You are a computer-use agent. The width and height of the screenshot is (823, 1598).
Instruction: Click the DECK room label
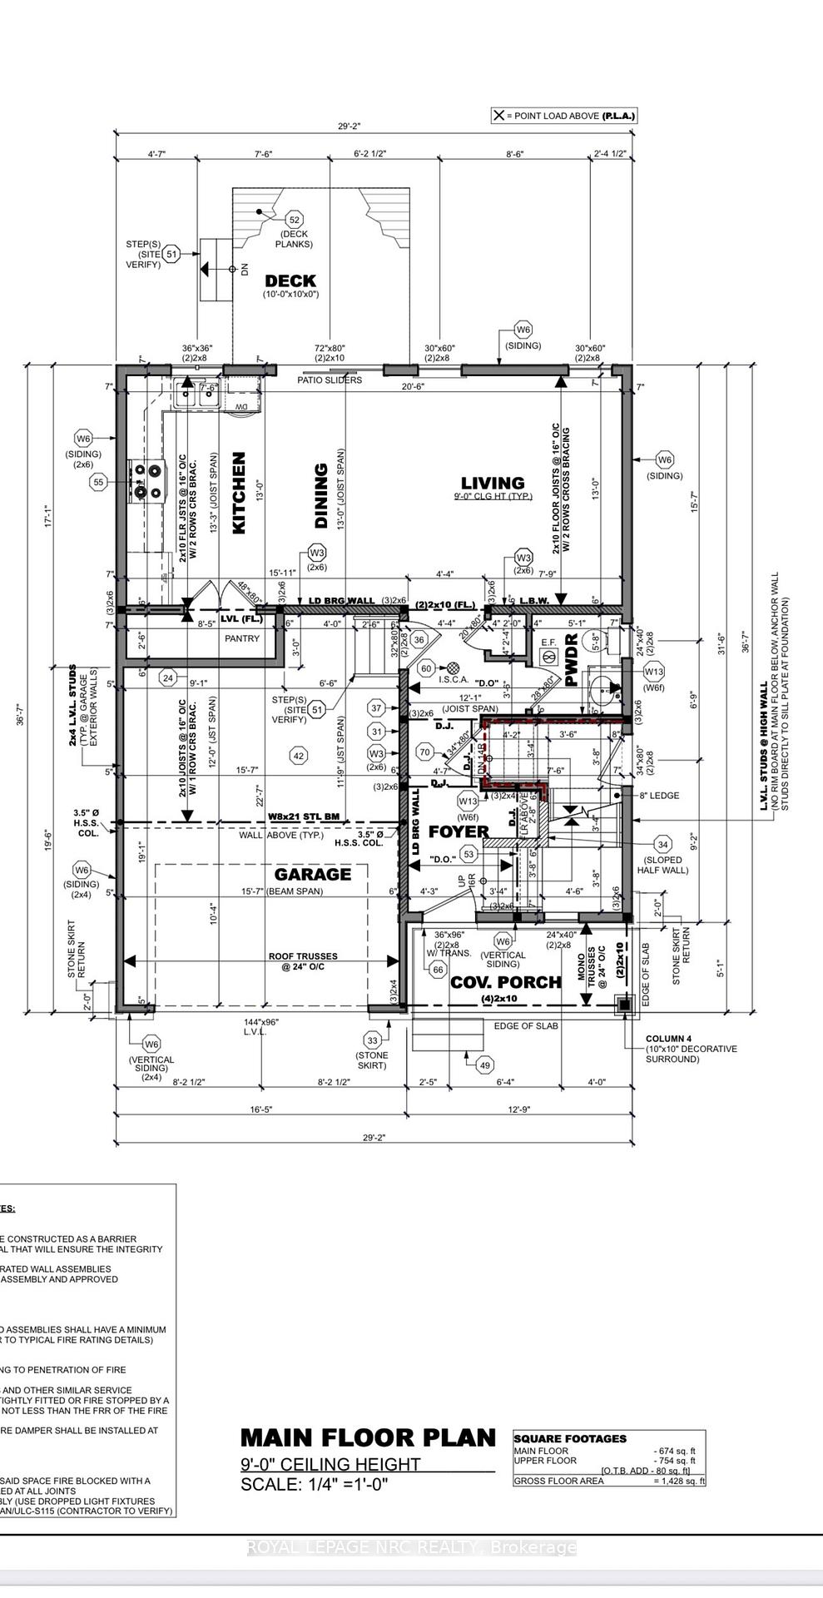(x=290, y=280)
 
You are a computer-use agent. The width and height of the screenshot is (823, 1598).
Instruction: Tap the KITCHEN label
(x=239, y=493)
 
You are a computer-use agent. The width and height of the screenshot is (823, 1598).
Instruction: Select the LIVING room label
(x=493, y=483)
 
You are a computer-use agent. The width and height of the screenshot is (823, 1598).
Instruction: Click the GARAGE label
(x=313, y=874)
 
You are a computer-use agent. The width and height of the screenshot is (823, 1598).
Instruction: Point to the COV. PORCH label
(x=506, y=982)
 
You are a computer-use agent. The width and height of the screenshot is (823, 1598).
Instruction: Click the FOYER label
(x=459, y=831)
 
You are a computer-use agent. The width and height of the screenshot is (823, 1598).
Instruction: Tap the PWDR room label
(x=572, y=660)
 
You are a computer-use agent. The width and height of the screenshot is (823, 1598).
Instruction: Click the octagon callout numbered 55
(x=99, y=482)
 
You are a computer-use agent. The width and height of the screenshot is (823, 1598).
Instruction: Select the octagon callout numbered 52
(x=294, y=220)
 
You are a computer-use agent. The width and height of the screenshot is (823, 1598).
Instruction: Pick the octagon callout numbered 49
(x=484, y=1065)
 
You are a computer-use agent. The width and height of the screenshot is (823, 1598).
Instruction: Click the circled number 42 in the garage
(x=298, y=756)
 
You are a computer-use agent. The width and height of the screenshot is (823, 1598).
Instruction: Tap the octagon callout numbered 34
(x=662, y=846)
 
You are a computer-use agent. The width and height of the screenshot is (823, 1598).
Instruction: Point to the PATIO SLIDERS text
(x=330, y=380)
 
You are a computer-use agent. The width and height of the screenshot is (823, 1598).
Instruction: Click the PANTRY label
(x=242, y=638)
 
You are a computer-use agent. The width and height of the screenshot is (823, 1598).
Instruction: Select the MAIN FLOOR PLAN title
(x=368, y=1438)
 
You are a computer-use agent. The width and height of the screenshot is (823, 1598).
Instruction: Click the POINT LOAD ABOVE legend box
(x=564, y=116)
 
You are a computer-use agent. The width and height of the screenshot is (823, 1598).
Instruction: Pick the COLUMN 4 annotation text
(x=668, y=1039)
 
